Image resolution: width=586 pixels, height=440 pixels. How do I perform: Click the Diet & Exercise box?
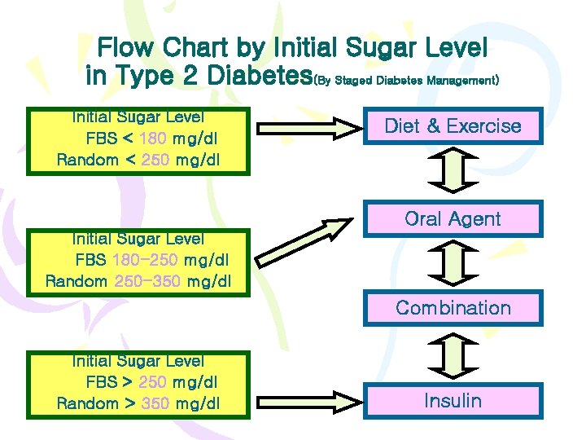[x=453, y=126]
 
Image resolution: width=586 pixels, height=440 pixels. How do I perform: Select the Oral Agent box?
[x=453, y=218]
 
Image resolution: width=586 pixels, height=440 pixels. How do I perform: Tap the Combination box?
[x=453, y=308]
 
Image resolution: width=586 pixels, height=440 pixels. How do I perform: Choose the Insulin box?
[x=453, y=401]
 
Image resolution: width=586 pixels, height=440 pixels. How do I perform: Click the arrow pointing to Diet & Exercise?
[x=308, y=127]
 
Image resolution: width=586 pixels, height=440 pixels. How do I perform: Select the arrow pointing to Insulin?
[x=308, y=402]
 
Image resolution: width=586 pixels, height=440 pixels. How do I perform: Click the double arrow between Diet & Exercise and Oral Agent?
[x=453, y=172]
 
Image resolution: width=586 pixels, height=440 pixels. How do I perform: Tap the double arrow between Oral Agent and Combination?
[x=453, y=263]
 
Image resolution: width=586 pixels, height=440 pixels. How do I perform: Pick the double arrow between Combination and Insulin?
[x=453, y=354]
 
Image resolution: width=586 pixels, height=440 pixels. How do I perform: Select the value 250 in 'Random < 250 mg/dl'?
[x=155, y=160]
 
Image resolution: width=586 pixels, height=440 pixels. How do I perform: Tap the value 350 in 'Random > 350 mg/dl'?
[x=155, y=403]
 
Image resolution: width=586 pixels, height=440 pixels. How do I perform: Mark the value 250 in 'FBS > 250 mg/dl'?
[x=153, y=382]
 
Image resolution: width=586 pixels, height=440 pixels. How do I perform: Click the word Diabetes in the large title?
[x=260, y=76]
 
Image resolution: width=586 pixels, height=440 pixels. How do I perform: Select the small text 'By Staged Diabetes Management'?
[x=406, y=81]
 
